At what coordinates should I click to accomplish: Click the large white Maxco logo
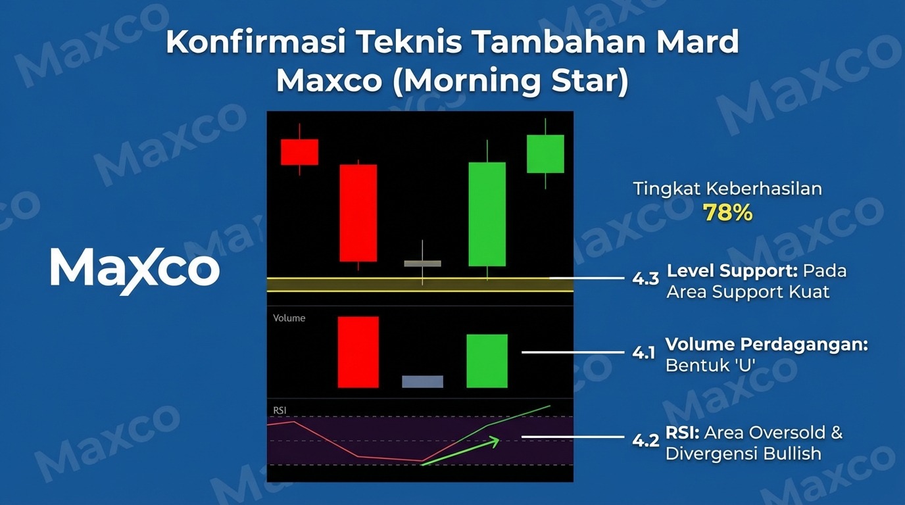pos(135,271)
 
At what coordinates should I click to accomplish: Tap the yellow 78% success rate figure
pos(727,212)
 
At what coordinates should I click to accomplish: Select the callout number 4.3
pos(645,279)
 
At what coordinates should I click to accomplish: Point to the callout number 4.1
pos(644,353)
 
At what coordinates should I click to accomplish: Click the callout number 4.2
pos(645,441)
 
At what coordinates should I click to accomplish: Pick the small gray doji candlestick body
pos(423,264)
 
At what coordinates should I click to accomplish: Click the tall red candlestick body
pos(358,213)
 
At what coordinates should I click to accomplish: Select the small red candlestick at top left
pos(299,152)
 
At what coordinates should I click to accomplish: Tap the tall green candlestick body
pos(487,214)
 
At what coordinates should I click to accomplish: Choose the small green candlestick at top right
pos(545,154)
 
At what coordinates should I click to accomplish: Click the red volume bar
pos(358,352)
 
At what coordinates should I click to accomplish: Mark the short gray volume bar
pos(423,381)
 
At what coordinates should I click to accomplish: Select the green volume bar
pos(487,361)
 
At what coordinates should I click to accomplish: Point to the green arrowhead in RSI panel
pos(495,442)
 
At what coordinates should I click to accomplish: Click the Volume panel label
pos(289,318)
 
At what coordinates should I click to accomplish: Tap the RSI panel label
pos(280,410)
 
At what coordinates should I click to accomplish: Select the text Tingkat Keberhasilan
pos(727,189)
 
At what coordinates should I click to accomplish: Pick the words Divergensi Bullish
pos(743,454)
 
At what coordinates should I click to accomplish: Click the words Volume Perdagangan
pos(767,344)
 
